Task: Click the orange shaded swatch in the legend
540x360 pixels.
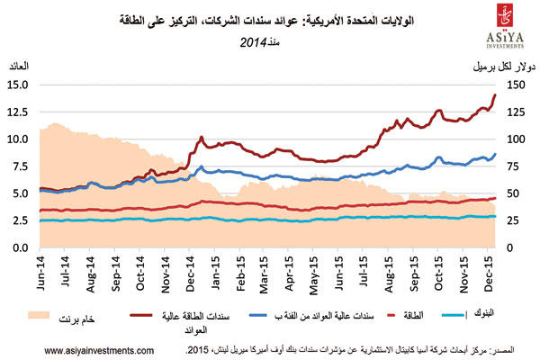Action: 37,316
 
